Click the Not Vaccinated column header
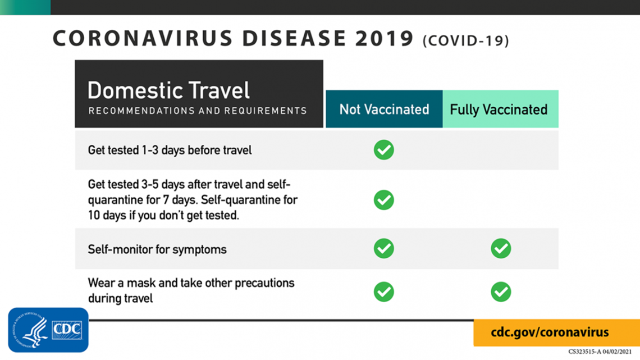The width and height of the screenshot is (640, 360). (384, 109)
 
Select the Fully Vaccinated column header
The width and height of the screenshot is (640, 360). (500, 109)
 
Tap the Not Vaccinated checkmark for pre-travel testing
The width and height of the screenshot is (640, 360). (383, 150)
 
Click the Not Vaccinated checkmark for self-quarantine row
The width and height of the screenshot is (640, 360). (383, 200)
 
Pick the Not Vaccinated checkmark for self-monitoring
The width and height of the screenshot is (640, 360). (383, 248)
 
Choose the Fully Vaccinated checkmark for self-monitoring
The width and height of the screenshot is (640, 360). (501, 248)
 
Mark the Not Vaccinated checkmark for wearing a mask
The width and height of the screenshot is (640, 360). (383, 292)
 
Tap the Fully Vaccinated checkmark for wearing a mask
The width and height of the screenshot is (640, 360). (501, 292)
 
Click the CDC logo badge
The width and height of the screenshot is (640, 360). (48, 330)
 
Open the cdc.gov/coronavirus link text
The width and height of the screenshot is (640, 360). (550, 332)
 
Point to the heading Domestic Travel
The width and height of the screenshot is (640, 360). (168, 90)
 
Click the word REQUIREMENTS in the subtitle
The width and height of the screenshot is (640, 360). (266, 111)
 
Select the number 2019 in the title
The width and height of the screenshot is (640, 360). (385, 38)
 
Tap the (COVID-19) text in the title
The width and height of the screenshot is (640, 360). (466, 40)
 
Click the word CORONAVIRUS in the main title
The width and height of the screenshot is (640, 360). (143, 38)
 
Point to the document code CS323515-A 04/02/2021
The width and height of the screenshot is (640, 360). (600, 352)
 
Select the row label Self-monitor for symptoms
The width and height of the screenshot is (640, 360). (157, 249)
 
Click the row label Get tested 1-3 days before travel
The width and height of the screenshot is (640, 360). (170, 150)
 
